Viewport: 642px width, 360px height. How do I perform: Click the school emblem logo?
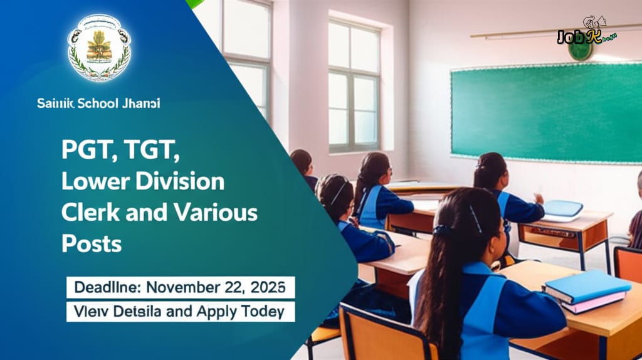(x=99, y=48)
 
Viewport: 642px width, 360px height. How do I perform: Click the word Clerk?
(x=85, y=213)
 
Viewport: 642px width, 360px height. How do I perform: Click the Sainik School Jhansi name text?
(x=98, y=103)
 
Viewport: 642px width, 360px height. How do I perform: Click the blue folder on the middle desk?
(x=562, y=209)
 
